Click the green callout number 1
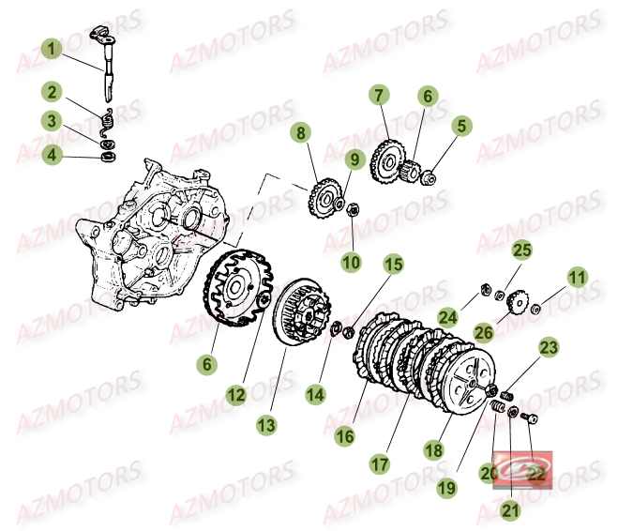pos(52,47)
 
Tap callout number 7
pos(378,95)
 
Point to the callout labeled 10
pos(351,263)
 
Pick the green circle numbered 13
pos(267,425)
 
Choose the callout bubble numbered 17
pos(379,463)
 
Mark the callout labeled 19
pos(445,488)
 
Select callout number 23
pos(548,348)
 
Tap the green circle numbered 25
pos(521,250)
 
